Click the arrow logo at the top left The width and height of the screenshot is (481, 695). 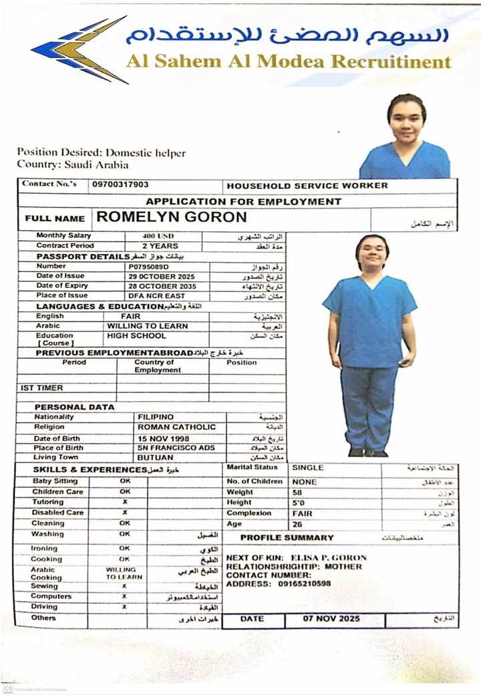79,50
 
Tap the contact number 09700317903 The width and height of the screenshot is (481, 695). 120,184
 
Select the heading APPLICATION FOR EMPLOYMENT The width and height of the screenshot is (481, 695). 244,201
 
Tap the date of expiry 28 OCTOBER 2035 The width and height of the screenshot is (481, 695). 162,286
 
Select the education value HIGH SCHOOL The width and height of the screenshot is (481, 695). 136,336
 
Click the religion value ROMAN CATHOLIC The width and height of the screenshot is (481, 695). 176,427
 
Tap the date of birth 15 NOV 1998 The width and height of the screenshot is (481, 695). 164,438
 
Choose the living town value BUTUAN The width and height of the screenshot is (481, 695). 155,458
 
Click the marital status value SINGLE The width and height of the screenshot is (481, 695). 308,468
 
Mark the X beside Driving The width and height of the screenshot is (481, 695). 124,607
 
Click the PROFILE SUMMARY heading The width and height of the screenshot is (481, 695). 287,537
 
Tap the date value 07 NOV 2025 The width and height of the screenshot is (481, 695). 331,619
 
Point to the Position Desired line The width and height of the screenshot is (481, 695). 102,153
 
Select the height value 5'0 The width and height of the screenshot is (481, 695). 299,503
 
